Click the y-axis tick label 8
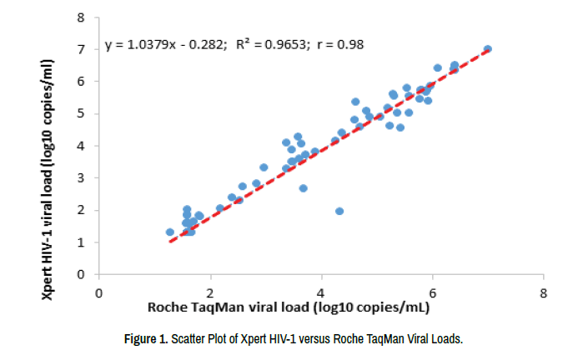[x=82, y=17]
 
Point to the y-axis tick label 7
[x=82, y=49]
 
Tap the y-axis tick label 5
[x=82, y=113]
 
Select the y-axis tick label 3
[x=82, y=177]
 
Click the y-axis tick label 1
[x=82, y=242]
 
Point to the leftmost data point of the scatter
[x=170, y=232]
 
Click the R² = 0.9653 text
[x=266, y=45]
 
